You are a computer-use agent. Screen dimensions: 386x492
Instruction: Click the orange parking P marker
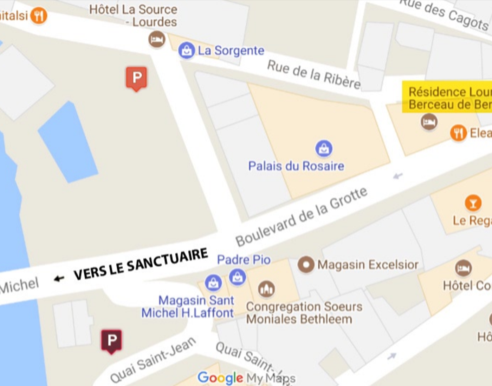coord(136,78)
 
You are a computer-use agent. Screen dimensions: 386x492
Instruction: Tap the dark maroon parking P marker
coord(111,340)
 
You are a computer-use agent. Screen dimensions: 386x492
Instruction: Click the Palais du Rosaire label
coord(296,166)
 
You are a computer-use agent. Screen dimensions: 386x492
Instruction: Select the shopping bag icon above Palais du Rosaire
coord(324,148)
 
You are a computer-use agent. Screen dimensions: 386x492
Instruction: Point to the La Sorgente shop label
coord(231,51)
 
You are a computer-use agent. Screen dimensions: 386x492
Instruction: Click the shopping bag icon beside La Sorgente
coord(186,51)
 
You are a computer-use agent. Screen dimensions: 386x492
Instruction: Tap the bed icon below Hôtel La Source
coord(157,39)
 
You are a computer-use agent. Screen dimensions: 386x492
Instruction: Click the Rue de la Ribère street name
coord(313,74)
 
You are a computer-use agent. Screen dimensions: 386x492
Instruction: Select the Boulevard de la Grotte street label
coord(301,217)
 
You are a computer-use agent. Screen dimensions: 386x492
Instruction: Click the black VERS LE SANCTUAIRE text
coord(141,264)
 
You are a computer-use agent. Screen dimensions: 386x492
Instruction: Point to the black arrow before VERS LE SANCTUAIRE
coord(59,279)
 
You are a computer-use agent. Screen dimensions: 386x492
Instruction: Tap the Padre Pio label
coord(244,260)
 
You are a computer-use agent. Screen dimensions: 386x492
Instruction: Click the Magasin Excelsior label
coord(368,265)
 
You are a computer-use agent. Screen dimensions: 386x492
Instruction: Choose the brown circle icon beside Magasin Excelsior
coord(306,265)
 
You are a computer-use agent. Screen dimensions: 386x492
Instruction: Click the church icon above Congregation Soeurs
coord(266,289)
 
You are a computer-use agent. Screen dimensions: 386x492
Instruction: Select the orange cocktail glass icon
coord(473,203)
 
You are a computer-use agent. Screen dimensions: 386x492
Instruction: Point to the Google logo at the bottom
coord(220,378)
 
